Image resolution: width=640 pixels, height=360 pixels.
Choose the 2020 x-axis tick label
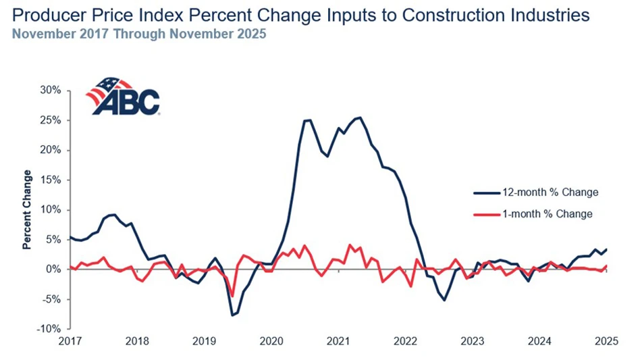click(x=271, y=342)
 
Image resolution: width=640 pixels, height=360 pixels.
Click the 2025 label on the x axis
click(x=603, y=342)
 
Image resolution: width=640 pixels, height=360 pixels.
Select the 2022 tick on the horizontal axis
click(x=404, y=342)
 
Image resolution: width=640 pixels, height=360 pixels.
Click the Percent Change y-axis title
click(x=28, y=210)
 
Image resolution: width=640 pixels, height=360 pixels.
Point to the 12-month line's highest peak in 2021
click(x=361, y=118)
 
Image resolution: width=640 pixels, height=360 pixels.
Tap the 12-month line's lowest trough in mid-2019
click(x=232, y=315)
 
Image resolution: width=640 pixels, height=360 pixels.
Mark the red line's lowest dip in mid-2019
click(x=232, y=296)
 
